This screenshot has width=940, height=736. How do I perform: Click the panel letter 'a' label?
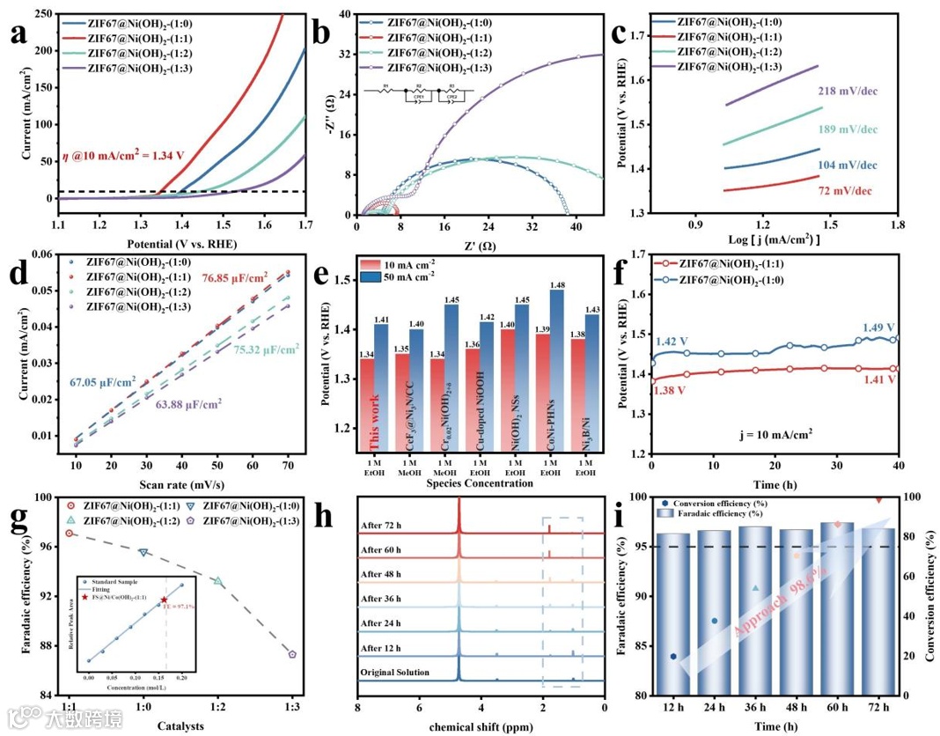[26, 35]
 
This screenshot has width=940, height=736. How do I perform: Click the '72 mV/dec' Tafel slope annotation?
[844, 191]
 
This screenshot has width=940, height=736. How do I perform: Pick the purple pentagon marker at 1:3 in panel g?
[292, 654]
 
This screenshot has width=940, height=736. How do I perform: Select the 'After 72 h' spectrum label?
[386, 526]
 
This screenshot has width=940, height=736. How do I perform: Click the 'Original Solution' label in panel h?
[395, 673]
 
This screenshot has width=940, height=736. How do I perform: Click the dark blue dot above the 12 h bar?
[673, 656]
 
